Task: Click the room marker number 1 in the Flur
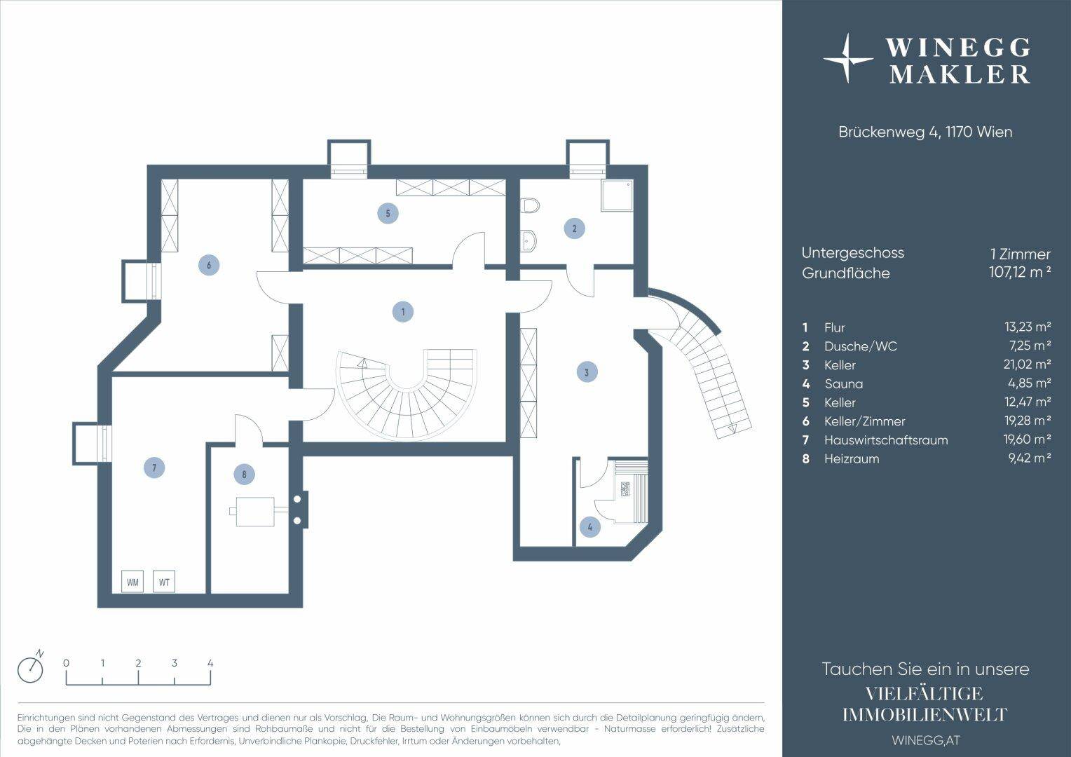pos(402,312)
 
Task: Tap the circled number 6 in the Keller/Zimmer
pos(209,264)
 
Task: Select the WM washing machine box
pos(132,582)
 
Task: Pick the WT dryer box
pos(164,582)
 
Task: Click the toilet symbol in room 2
pos(529,205)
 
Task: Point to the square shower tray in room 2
pos(618,195)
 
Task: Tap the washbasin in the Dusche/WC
pos(528,240)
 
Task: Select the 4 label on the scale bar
pos(210,663)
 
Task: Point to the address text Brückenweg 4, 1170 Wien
pos(925,132)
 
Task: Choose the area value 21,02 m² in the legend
pos(1027,364)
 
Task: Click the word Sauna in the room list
pos(844,383)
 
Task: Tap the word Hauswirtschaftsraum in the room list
pos(886,440)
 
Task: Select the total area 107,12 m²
pos(1020,272)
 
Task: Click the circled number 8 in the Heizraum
pos(245,475)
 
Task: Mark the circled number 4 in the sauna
pos(590,527)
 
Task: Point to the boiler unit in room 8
pos(254,512)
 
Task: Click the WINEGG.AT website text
pos(926,741)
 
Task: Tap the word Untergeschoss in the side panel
pos(852,253)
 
